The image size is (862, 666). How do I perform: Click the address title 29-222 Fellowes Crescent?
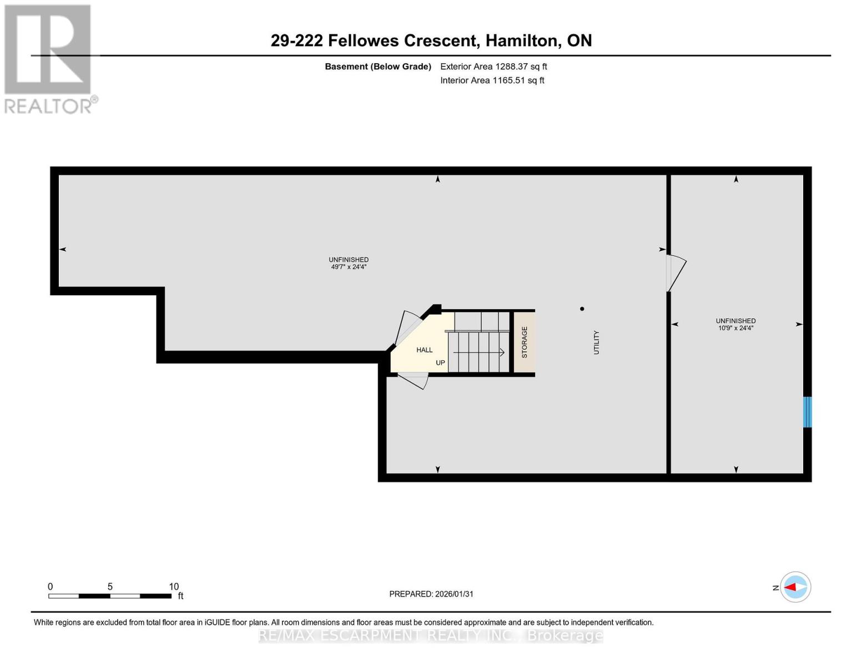pyautogui.click(x=431, y=41)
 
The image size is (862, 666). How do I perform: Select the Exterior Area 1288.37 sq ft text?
pyautogui.click(x=493, y=67)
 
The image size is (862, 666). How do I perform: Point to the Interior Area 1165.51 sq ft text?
pyautogui.click(x=492, y=80)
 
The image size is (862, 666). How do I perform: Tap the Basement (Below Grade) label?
pyautogui.click(x=377, y=67)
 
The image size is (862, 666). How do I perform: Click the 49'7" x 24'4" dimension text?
pyautogui.click(x=349, y=267)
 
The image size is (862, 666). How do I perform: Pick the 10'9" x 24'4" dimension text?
pyautogui.click(x=735, y=328)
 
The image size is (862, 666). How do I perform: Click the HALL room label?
pyautogui.click(x=424, y=350)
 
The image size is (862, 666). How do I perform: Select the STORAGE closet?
pyautogui.click(x=524, y=342)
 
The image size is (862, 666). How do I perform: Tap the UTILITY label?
pyautogui.click(x=596, y=342)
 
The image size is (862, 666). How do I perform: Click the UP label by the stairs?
pyautogui.click(x=440, y=363)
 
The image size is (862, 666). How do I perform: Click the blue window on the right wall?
pyautogui.click(x=808, y=412)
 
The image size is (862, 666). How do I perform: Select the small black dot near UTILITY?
pyautogui.click(x=582, y=309)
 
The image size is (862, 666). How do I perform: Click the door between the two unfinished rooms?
pyautogui.click(x=676, y=273)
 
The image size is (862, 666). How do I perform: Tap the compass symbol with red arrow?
pyautogui.click(x=795, y=587)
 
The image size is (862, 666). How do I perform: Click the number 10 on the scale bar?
pyautogui.click(x=174, y=587)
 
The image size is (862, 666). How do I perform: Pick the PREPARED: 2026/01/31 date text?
pyautogui.click(x=431, y=594)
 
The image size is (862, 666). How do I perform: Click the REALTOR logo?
pyautogui.click(x=49, y=58)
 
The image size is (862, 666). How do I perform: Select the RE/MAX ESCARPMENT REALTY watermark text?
pyautogui.click(x=431, y=635)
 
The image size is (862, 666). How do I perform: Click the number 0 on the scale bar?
pyautogui.click(x=51, y=587)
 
